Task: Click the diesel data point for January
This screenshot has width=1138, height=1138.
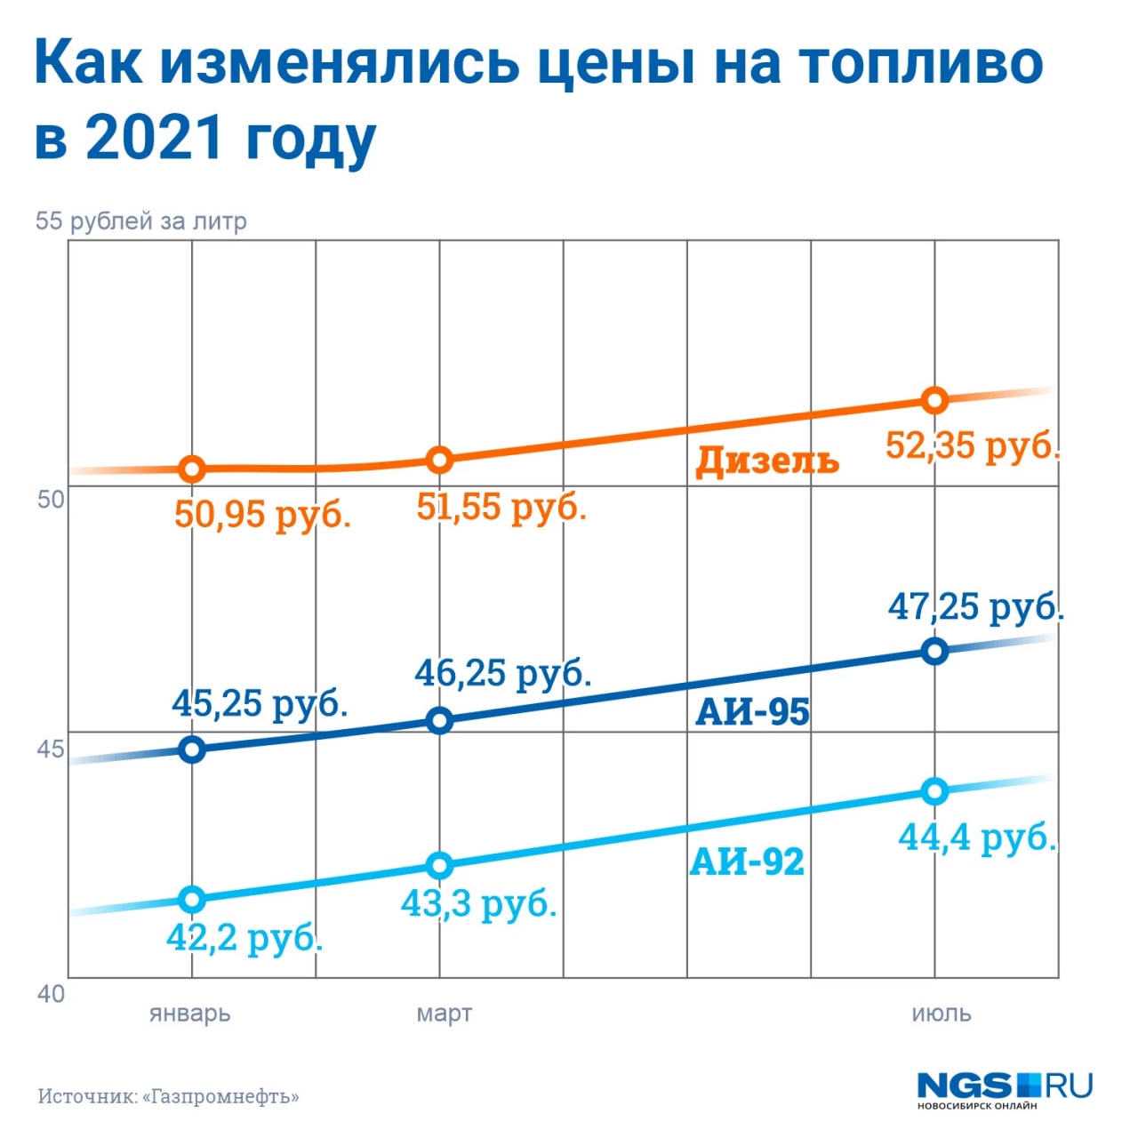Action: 192,469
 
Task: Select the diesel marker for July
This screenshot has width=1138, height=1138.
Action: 934,400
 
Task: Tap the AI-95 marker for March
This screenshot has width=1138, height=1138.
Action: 439,720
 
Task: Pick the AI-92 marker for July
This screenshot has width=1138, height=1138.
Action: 934,790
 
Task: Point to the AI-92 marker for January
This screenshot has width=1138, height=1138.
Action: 192,900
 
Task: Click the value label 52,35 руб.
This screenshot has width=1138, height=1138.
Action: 973,445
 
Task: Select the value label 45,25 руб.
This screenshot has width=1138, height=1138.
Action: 259,703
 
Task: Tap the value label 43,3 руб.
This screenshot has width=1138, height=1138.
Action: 478,903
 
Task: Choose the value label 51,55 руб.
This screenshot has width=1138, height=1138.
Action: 501,507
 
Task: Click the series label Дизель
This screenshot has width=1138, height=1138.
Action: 766,461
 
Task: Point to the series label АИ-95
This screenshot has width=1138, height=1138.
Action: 752,711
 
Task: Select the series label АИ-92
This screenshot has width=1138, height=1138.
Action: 747,861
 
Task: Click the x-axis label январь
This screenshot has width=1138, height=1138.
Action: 190,1014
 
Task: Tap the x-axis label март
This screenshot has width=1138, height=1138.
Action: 444,1014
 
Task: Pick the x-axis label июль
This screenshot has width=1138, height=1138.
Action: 941,1014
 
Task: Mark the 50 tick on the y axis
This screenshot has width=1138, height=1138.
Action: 51,499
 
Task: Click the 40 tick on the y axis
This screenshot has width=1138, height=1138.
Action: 51,993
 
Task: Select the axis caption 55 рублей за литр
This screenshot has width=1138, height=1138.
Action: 140,220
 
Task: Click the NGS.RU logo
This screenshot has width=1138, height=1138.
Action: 1004,1089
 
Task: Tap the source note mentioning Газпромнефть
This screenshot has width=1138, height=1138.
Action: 168,1096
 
